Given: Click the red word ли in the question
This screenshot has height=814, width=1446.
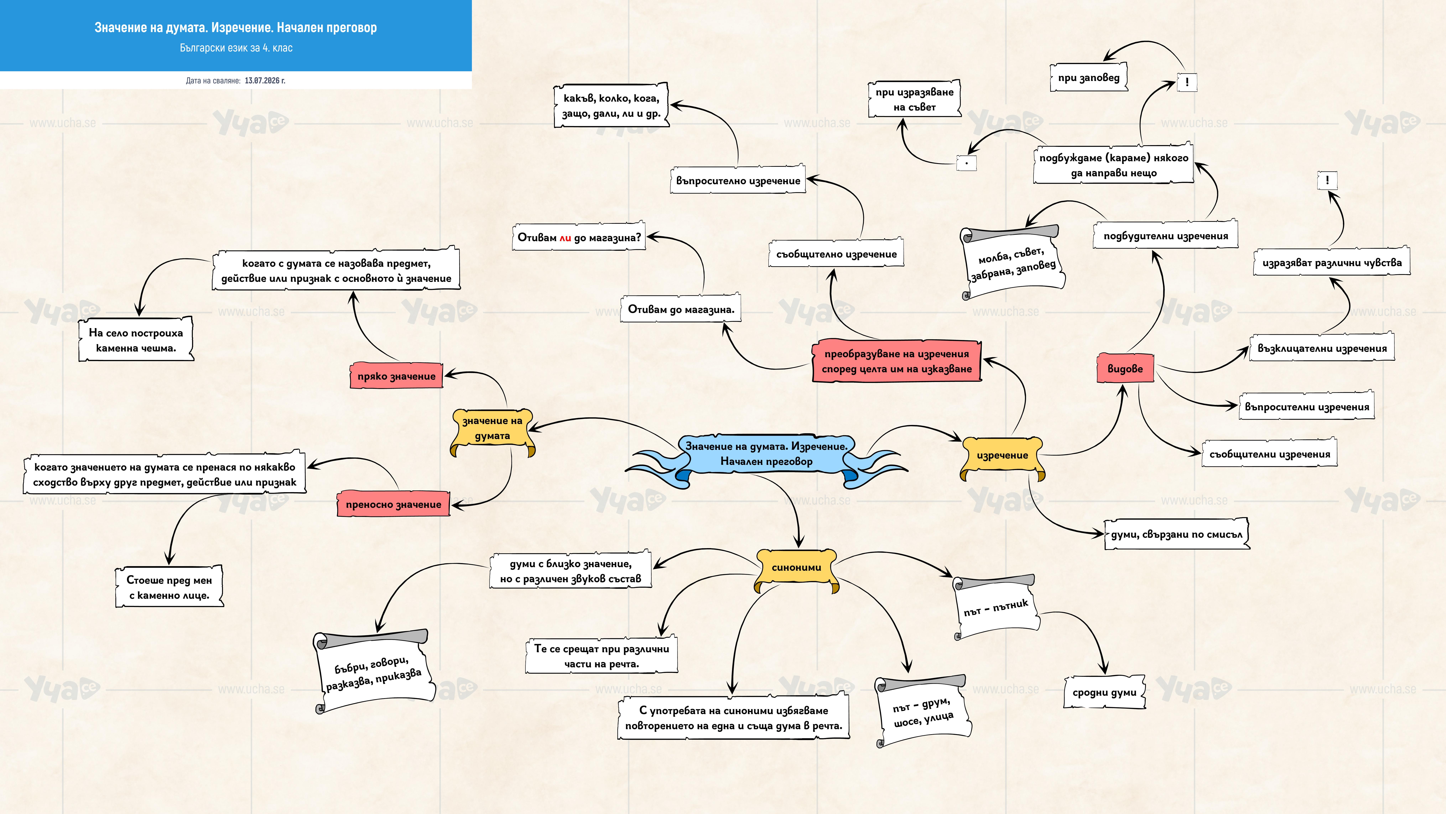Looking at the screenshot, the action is pos(565,238).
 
